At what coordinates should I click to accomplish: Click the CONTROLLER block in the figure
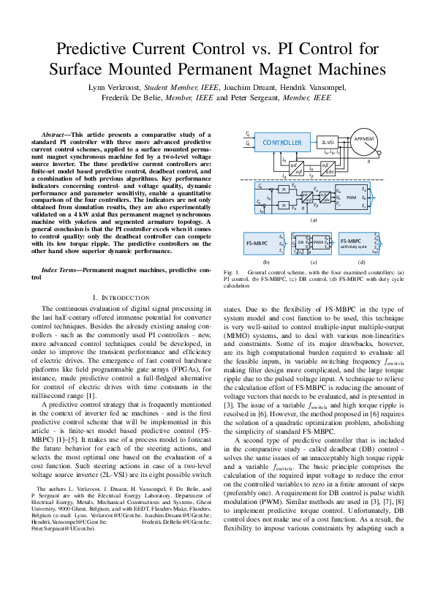tap(281, 143)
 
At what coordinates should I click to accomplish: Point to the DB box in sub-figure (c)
tap(300, 241)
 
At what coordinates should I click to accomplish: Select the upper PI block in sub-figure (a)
tap(284, 189)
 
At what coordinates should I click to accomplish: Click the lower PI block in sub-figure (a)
tap(284, 206)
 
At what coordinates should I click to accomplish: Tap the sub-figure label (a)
tap(313, 219)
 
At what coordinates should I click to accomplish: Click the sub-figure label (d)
tap(360, 261)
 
